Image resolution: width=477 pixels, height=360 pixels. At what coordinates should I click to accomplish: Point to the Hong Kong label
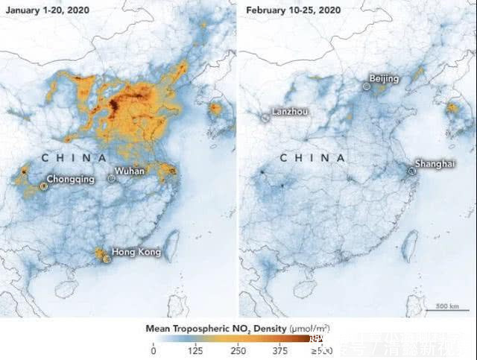(x=136, y=252)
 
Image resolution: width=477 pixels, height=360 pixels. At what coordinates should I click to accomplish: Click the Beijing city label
(x=385, y=79)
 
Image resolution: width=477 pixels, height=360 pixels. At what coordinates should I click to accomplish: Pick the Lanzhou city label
(x=290, y=112)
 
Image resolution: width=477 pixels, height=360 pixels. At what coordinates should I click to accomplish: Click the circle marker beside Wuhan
(x=112, y=178)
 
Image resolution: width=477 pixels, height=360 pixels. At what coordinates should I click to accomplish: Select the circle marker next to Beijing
(x=366, y=87)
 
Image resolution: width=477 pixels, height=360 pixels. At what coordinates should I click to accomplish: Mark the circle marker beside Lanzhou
(x=265, y=118)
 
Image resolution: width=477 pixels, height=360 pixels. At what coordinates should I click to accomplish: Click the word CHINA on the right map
(x=312, y=159)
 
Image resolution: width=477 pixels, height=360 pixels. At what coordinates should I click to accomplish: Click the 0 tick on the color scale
(x=153, y=350)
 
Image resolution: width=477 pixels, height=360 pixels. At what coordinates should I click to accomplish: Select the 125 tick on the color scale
(x=195, y=350)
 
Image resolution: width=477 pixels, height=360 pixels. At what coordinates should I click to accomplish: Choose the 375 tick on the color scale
(x=280, y=350)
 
